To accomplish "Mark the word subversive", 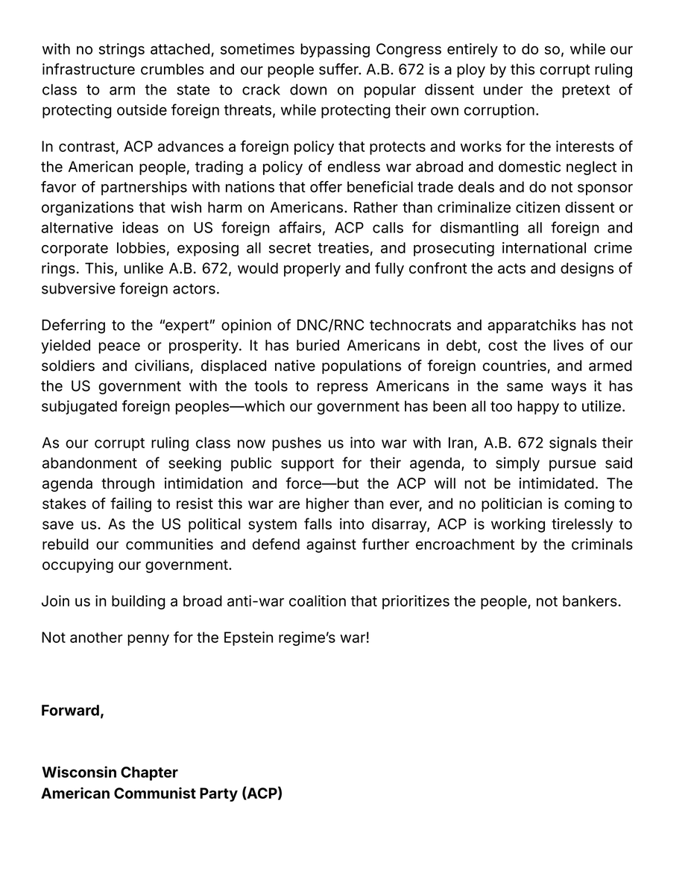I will (78, 288).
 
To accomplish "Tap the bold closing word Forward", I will (72, 711).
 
